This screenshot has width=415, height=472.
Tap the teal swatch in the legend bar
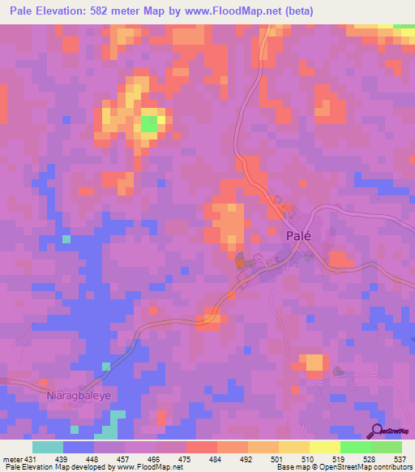coord(47,447)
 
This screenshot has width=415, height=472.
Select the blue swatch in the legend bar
coord(78,447)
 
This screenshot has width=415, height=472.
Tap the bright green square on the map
coord(149,124)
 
